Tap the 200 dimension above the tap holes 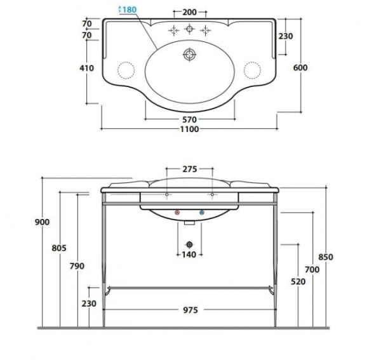coord(189,12)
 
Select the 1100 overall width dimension coord(189,129)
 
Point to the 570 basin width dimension coord(189,119)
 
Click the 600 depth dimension coord(300,67)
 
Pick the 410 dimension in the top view coord(87,68)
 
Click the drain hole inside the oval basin coord(189,55)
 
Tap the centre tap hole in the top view coord(189,29)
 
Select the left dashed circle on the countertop coord(126,70)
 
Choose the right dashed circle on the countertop coord(252,70)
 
